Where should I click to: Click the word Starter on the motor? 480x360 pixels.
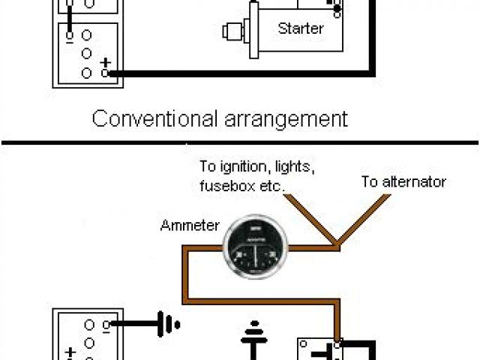(300, 29)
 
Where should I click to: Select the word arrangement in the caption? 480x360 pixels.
(286, 118)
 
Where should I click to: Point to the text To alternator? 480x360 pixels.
(403, 182)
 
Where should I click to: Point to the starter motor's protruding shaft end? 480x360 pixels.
(228, 31)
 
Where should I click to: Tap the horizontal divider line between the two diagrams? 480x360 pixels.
(240, 142)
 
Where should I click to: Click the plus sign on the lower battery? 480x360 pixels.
(71, 352)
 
